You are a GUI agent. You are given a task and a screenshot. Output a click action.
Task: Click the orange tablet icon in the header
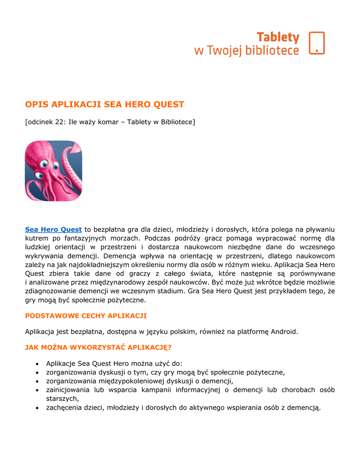click(x=317, y=43)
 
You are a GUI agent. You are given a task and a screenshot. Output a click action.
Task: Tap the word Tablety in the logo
click(x=278, y=37)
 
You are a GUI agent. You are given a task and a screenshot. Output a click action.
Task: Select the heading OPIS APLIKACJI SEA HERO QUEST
click(x=105, y=105)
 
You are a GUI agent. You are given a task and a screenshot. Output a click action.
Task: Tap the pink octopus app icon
click(x=53, y=171)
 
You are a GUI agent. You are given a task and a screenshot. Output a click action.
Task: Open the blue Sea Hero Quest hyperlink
click(x=53, y=229)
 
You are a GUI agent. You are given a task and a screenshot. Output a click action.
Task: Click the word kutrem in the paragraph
click(x=36, y=238)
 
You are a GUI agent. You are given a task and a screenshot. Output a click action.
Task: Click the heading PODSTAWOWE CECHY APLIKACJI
click(x=86, y=316)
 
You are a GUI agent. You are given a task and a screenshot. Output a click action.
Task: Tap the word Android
click(x=284, y=331)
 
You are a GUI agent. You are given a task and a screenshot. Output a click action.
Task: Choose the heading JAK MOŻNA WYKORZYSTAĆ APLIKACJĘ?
click(x=98, y=348)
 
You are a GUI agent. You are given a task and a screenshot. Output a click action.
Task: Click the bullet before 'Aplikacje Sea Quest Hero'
click(x=36, y=364)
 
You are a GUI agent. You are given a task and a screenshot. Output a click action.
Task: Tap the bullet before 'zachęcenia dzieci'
click(x=36, y=408)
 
